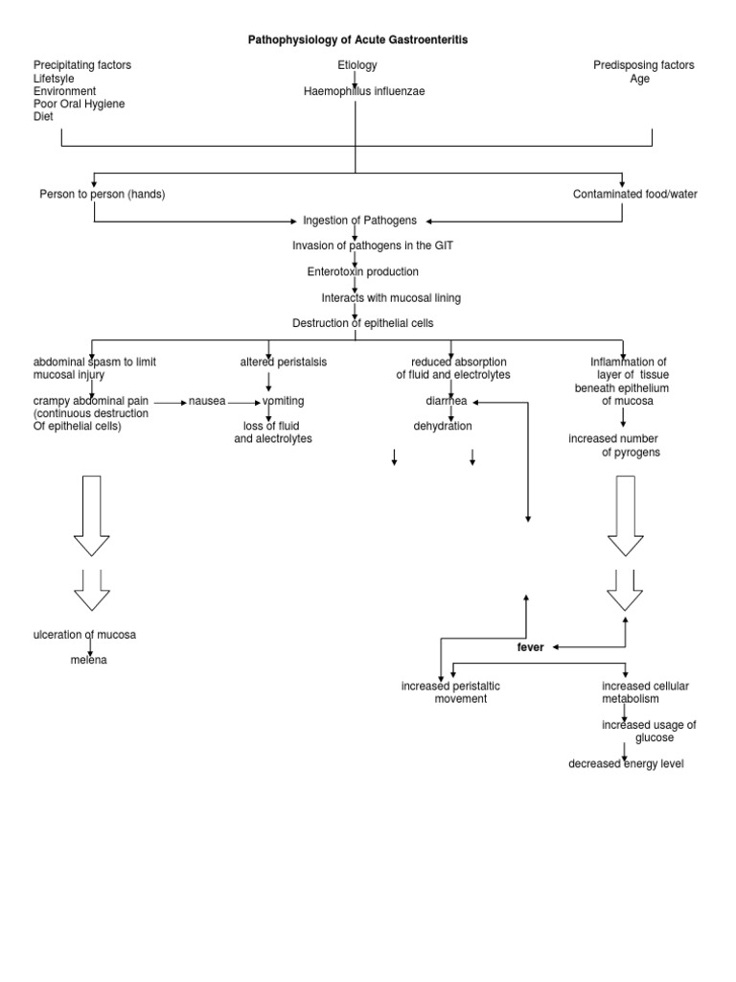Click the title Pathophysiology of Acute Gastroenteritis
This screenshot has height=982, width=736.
click(358, 40)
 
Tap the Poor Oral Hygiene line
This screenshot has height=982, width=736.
click(80, 104)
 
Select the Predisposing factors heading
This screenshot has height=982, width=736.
click(644, 65)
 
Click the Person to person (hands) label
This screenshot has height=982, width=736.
click(103, 194)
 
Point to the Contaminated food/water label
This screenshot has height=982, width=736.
click(635, 194)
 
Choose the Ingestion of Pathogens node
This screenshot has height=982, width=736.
click(359, 220)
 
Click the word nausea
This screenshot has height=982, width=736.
click(207, 401)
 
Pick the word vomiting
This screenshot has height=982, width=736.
click(283, 401)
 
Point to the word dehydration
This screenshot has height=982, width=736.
click(443, 426)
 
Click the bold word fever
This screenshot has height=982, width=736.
click(530, 647)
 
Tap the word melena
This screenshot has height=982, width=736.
click(88, 660)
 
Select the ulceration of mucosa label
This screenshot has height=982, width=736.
click(91, 634)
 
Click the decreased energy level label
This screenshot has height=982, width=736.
click(626, 763)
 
